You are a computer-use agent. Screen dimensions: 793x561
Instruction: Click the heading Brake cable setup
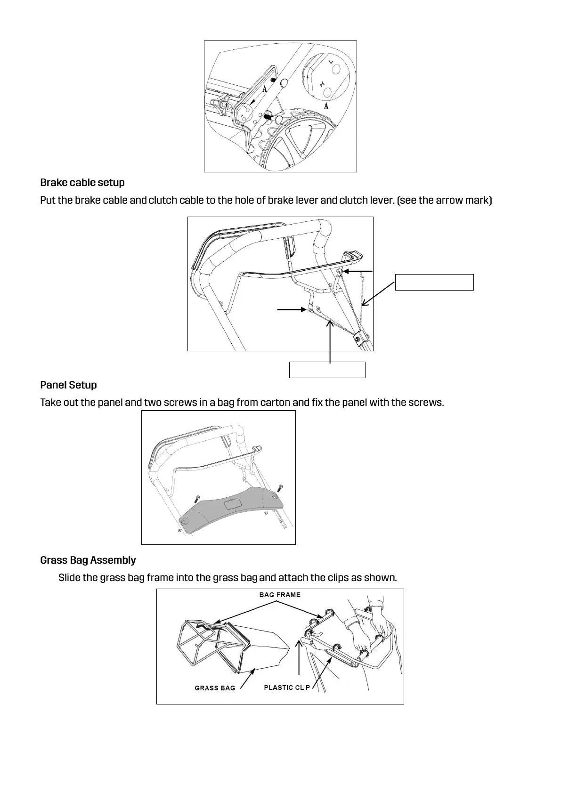click(x=82, y=183)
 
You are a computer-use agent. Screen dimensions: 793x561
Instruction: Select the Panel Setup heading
click(x=68, y=385)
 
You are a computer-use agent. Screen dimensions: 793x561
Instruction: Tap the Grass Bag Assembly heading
click(x=88, y=560)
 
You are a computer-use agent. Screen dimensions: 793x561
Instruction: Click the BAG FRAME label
click(x=280, y=595)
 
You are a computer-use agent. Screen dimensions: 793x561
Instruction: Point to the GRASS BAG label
click(x=215, y=688)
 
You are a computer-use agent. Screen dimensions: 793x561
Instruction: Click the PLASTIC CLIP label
click(x=287, y=688)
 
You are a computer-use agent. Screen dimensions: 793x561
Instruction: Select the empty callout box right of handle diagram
click(x=434, y=282)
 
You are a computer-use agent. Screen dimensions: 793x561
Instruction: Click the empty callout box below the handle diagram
click(x=327, y=370)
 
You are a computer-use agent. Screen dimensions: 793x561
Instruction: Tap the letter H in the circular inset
click(x=323, y=85)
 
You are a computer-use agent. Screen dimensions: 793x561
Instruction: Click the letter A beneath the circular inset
click(x=326, y=105)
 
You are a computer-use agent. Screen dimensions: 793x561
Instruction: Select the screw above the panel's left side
click(x=198, y=498)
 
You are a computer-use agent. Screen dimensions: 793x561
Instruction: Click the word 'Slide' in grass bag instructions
click(x=69, y=578)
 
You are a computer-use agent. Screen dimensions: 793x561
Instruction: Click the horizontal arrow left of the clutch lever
click(x=291, y=309)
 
